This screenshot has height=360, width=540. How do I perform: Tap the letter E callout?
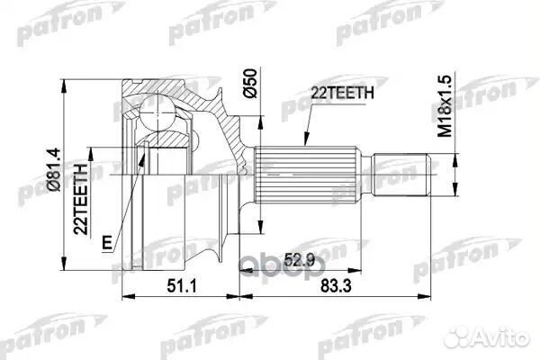[106, 242]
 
